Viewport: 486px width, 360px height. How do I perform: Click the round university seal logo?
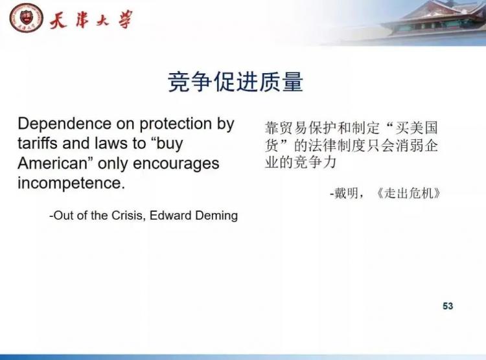(26, 18)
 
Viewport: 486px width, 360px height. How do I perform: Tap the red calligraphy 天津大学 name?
(91, 20)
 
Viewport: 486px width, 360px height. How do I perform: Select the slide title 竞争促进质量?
(235, 82)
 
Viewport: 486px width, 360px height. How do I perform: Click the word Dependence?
(64, 124)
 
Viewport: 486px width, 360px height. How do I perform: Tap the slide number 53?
(448, 306)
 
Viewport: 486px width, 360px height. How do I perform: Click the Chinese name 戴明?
(346, 194)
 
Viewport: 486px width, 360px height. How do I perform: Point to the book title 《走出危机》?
(408, 194)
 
